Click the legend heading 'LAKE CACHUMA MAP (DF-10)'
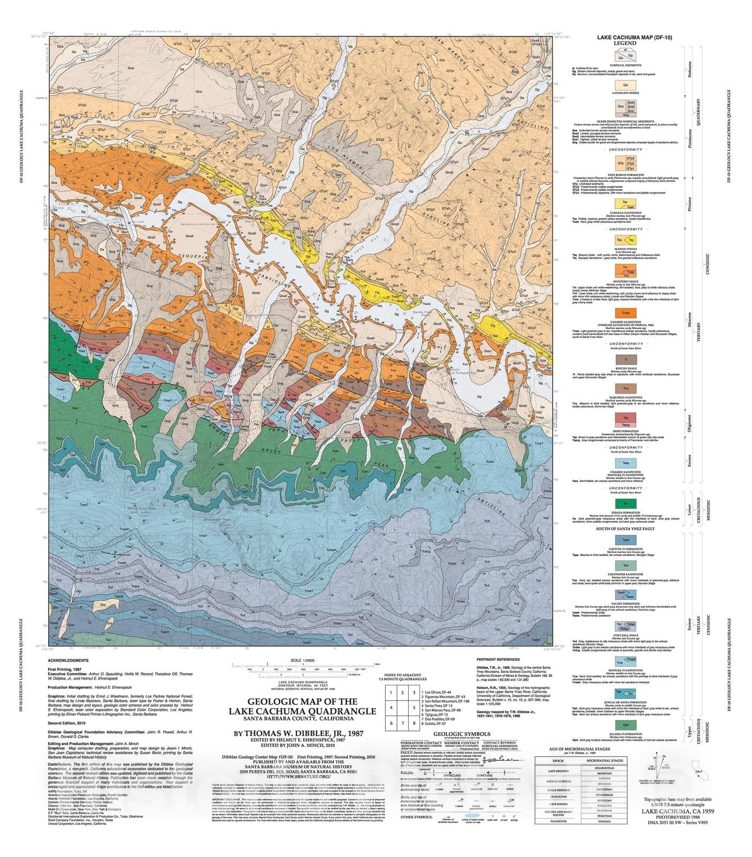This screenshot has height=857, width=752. point(635,37)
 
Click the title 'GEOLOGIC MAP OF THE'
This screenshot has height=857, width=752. point(302,701)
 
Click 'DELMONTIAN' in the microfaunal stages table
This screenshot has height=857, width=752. point(604,768)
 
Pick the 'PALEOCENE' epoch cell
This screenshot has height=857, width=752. point(558,835)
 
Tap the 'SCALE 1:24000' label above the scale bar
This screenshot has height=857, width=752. point(302,660)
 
